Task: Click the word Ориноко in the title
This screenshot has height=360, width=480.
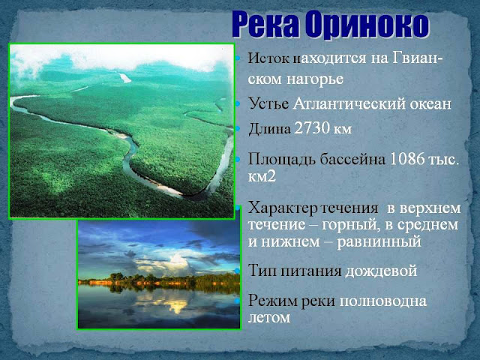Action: [x=367, y=25]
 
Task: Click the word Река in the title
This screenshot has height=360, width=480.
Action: [x=265, y=25]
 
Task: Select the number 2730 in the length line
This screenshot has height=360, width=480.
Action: [x=312, y=128]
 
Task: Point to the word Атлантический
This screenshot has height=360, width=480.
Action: [x=349, y=103]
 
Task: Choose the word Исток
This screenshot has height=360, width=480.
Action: [x=268, y=58]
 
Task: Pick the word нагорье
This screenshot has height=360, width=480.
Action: [x=315, y=79]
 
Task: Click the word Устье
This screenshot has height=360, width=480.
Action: [x=268, y=103]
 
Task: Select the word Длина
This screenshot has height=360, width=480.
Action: [x=269, y=128]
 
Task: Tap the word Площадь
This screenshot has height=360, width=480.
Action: [x=282, y=159]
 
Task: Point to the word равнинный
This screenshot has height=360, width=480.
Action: [x=379, y=242]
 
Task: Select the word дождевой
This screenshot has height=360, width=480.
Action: [x=382, y=271]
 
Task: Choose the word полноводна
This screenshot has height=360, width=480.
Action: [x=383, y=301]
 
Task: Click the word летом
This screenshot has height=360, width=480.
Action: [x=268, y=318]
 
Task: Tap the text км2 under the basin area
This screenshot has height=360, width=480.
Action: [x=262, y=176]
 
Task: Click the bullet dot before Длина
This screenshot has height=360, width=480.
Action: [x=238, y=128]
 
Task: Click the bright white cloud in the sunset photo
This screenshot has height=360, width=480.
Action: [x=178, y=262]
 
